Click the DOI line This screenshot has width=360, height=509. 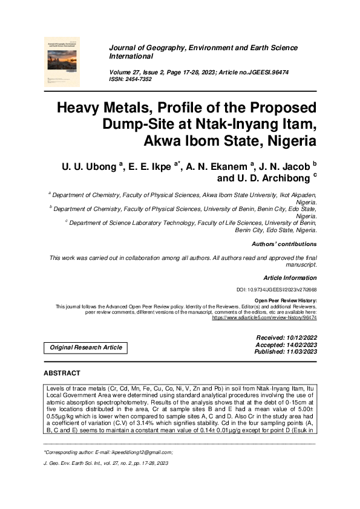[276, 290]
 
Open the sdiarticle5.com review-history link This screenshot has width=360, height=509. [264, 317]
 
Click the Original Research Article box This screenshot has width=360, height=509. [86, 348]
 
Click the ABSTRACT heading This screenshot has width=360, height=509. [62, 373]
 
